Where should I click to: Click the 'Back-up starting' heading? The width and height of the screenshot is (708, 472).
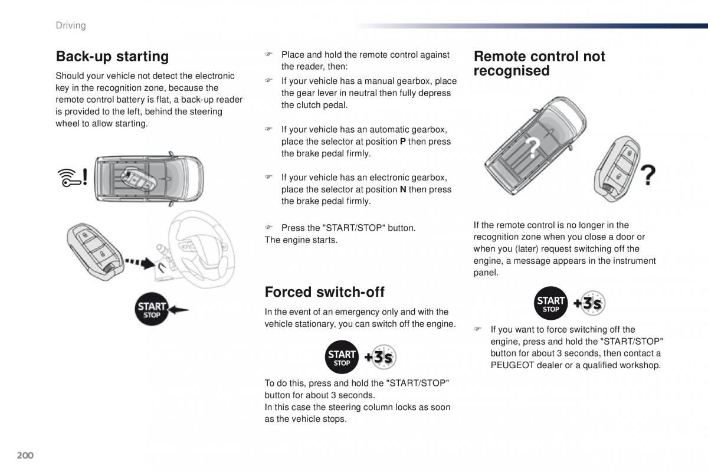point(112,57)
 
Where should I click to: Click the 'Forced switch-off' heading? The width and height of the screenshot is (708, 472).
point(324,292)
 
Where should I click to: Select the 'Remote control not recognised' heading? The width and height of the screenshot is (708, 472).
point(539,64)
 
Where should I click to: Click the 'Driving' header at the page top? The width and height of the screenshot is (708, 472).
point(70,25)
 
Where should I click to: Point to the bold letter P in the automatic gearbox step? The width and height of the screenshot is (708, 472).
point(403,142)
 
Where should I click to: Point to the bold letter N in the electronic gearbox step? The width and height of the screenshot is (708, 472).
point(403,189)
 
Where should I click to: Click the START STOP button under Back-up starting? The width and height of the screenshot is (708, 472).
point(152,309)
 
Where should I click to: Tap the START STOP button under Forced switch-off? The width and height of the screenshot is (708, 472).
point(342,357)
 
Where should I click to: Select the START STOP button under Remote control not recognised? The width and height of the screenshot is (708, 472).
point(551,303)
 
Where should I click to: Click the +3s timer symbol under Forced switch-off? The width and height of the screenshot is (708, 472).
point(379,357)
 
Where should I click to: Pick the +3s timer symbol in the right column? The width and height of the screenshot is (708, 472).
point(589,303)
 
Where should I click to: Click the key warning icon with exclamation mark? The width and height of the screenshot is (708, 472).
point(73,177)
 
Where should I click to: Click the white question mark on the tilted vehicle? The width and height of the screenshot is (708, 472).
point(533,148)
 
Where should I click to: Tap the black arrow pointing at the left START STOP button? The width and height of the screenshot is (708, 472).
point(178,309)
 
